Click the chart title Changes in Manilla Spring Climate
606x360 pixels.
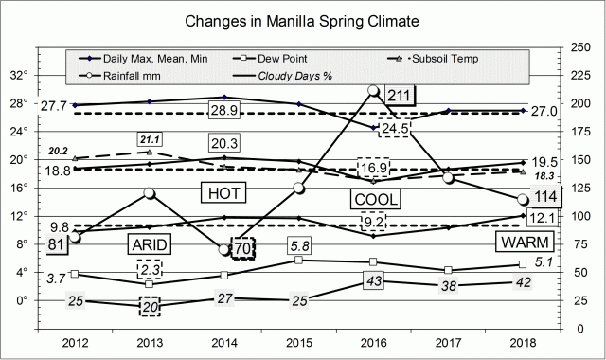tap(303, 20)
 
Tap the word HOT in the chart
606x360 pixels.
tap(225, 193)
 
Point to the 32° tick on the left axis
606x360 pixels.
tap(42, 76)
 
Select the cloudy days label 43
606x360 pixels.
tap(374, 281)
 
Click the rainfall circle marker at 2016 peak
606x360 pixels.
tap(374, 92)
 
